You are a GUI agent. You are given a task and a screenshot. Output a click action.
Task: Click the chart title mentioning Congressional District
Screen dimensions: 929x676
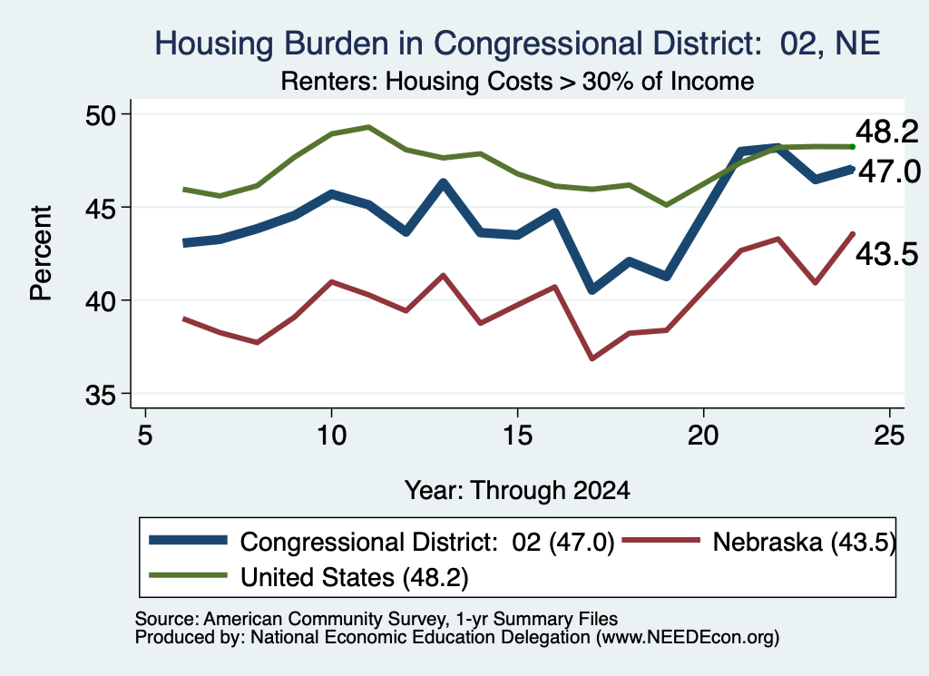click(517, 44)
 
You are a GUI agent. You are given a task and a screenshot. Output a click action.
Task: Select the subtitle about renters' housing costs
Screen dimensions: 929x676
click(517, 81)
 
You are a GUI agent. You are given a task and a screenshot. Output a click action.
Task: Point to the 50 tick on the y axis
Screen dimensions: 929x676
click(102, 114)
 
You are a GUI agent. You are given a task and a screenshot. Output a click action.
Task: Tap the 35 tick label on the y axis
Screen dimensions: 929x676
click(102, 395)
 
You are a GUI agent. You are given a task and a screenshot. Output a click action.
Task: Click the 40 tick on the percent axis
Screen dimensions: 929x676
click(102, 301)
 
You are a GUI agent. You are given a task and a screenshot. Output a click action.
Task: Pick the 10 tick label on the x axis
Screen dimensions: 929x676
click(331, 436)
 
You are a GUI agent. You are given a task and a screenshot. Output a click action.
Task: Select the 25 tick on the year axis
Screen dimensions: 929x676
click(889, 436)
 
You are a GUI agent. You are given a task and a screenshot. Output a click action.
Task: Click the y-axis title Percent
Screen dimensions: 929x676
click(41, 253)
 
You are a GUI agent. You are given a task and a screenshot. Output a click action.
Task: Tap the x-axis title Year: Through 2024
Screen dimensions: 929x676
click(517, 491)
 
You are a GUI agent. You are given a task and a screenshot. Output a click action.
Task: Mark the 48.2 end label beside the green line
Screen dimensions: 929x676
click(887, 132)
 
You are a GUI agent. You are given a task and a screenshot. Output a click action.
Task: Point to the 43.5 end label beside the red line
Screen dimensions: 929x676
click(887, 253)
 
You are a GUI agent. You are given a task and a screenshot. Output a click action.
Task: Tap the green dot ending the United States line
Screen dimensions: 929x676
click(853, 147)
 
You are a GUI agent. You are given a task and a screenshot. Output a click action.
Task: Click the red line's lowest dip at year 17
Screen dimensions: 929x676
click(592, 358)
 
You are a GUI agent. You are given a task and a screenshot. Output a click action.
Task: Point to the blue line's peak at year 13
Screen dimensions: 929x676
click(443, 182)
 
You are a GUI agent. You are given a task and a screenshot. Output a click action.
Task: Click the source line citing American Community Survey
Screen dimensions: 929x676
click(376, 619)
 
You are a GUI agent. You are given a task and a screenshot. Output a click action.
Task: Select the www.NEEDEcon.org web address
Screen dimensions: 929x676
click(688, 637)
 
